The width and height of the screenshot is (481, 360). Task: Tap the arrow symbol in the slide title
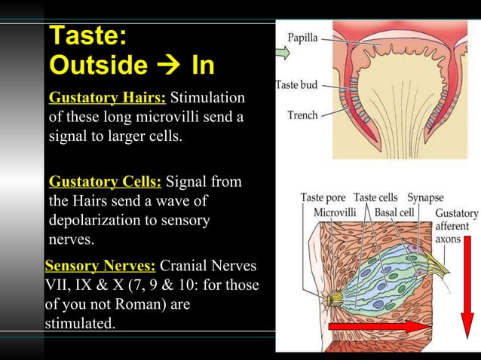click(x=168, y=66)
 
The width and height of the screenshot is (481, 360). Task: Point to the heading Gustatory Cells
click(x=105, y=182)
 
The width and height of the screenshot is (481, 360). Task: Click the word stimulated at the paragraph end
click(x=80, y=325)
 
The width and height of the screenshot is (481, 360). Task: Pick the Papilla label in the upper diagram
click(x=302, y=38)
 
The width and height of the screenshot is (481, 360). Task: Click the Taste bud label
click(x=297, y=86)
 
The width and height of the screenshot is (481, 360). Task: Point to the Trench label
click(x=302, y=115)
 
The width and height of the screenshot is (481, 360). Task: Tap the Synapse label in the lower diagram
click(x=426, y=197)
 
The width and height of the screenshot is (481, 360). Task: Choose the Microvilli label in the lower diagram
click(x=335, y=212)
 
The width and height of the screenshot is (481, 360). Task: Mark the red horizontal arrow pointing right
click(x=384, y=325)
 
